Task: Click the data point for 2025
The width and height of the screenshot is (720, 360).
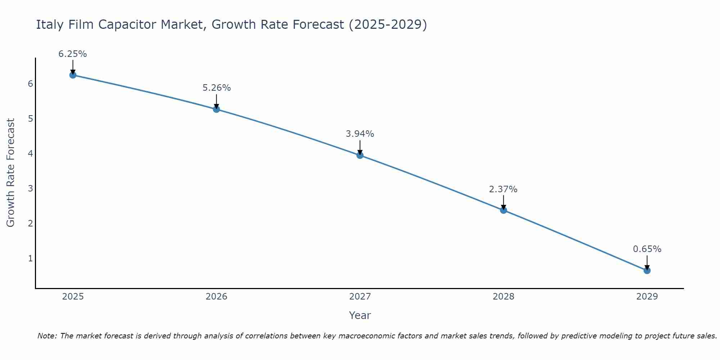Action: point(73,75)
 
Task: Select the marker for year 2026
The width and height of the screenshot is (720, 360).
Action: point(216,109)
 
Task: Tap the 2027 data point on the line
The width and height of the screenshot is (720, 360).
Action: point(360,155)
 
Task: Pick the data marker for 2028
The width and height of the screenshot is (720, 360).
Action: point(503,210)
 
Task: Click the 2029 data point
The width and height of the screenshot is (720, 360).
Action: point(647,270)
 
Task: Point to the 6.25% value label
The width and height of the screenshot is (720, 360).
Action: point(73,54)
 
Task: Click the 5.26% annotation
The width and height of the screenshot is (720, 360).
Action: point(216,88)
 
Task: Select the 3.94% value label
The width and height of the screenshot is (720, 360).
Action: point(360,134)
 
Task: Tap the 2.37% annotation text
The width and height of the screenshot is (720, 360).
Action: point(503,189)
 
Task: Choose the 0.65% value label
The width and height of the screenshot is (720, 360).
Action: point(647,249)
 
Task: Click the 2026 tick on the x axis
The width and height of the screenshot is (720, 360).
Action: point(216,297)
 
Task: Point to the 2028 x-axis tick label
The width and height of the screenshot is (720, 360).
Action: point(503,297)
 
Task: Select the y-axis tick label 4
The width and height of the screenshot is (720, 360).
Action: point(30,154)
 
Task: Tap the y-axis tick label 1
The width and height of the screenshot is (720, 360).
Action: point(30,258)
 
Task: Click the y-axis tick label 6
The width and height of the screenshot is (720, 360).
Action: point(30,84)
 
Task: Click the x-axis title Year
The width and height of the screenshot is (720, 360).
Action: point(360,315)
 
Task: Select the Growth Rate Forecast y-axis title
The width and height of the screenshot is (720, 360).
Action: point(11,173)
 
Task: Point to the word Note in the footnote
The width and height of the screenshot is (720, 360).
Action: point(47,336)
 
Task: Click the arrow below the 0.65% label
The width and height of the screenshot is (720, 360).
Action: point(647,262)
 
